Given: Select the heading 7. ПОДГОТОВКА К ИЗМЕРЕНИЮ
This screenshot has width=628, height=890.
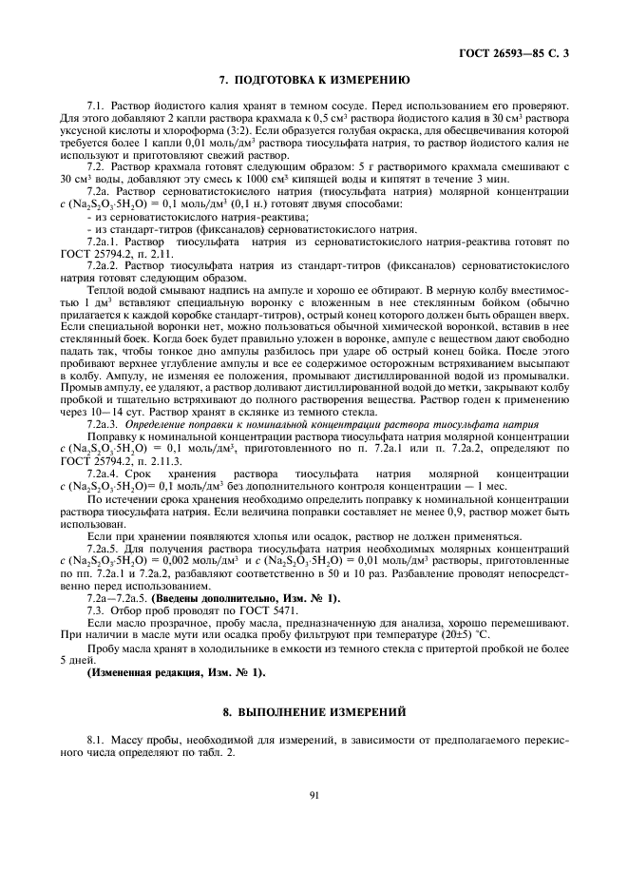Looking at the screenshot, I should tap(314, 81).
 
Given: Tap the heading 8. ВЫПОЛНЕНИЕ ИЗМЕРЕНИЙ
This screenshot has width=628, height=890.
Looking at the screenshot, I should tap(314, 710).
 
